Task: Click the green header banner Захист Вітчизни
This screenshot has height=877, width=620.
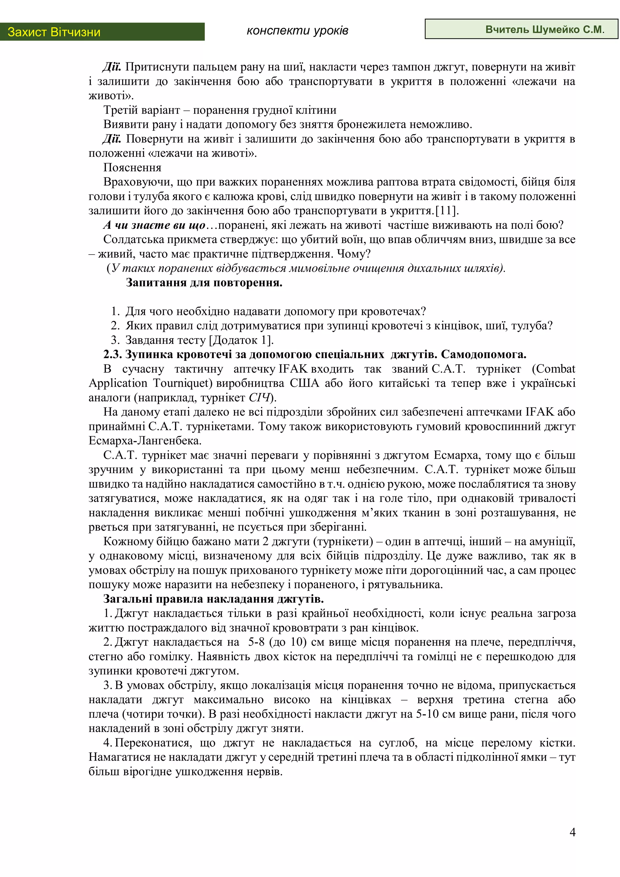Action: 102,32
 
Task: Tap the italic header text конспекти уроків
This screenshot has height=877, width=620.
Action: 297,31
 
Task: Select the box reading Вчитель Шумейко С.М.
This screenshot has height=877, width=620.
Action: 521,29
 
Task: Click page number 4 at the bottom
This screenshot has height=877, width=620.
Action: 572,832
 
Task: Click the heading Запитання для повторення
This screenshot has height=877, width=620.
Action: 204,283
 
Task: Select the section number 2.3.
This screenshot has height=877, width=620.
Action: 112,354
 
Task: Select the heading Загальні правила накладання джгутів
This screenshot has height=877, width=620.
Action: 213,599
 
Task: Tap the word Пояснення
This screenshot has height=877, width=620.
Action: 132,168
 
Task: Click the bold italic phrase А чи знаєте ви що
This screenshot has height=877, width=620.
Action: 154,225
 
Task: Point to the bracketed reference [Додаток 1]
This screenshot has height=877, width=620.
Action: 241,340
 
